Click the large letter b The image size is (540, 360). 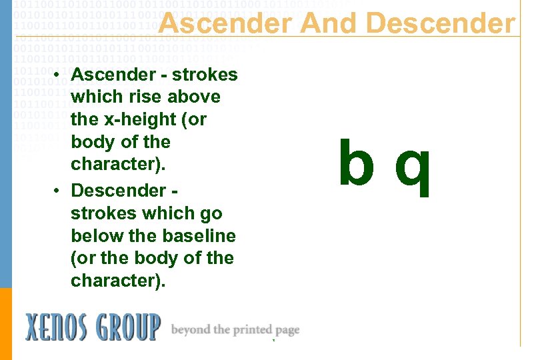click(x=355, y=164)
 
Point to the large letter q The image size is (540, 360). click(x=413, y=169)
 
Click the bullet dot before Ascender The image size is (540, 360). click(x=59, y=75)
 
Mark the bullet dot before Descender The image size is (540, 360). click(x=59, y=191)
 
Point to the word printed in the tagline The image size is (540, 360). click(x=250, y=330)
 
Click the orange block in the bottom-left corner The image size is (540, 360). click(x=6, y=323)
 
